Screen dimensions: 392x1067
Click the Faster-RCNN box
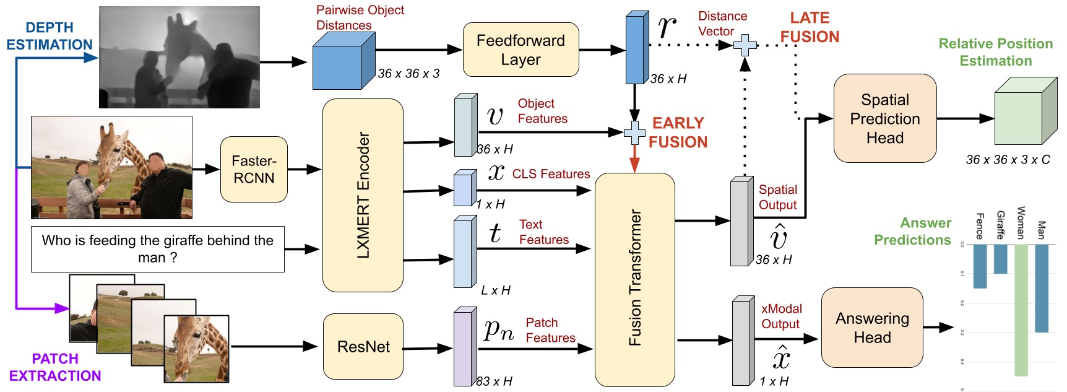pos(254,169)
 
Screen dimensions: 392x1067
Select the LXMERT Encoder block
pos(363,195)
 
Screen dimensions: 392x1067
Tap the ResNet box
pos(363,347)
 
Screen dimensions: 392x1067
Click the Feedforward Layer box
pos(521,50)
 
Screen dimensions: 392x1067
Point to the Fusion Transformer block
pos(634,279)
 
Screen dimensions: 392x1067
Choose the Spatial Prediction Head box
pos(884,118)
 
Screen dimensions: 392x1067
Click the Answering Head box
pos(871,328)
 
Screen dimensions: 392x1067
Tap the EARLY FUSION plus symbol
pos(634,133)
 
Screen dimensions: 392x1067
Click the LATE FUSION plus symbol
pos(745,45)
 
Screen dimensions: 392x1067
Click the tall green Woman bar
pos(1021,310)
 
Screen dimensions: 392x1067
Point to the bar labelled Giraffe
pos(1000,259)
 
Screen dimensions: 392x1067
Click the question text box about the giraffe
pos(157,249)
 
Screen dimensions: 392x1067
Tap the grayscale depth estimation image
pos(179,57)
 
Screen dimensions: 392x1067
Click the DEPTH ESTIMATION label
pos(50,36)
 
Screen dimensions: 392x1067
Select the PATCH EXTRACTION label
pos(55,367)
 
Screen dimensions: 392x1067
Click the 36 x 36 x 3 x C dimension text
pos(1008,160)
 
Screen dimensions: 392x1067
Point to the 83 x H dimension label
pos(494,381)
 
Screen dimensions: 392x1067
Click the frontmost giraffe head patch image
pos(196,349)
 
